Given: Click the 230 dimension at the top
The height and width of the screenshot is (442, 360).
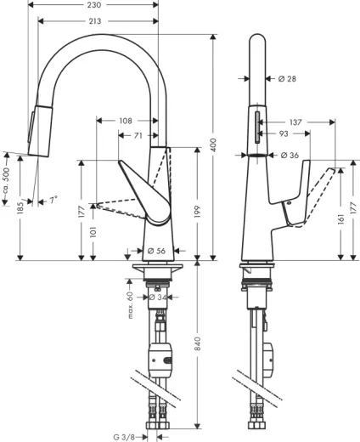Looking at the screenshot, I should (93, 6).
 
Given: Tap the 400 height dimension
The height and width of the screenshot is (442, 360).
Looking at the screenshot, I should (214, 146).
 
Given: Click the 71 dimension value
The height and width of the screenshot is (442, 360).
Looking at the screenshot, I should (137, 134).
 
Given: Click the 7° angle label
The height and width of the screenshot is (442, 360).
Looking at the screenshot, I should (53, 201).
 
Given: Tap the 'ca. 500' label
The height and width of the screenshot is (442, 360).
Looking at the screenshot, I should (6, 179).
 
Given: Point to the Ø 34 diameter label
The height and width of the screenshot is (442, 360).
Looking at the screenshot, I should (158, 297).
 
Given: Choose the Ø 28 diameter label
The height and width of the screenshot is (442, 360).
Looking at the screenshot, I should (287, 79).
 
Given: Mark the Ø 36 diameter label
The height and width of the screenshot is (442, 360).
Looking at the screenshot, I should (287, 155).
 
